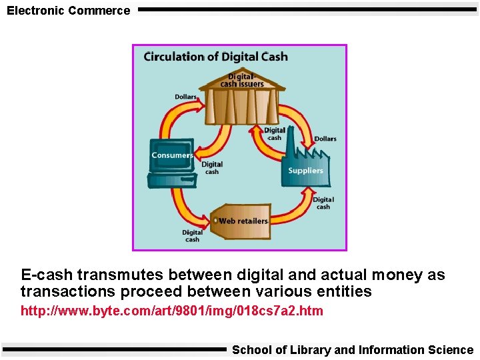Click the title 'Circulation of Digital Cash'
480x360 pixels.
click(x=215, y=57)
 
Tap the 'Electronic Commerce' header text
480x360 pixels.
click(x=68, y=11)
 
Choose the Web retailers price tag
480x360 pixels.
click(x=241, y=221)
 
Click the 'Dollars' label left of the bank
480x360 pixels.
click(x=185, y=97)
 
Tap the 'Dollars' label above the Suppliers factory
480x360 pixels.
click(x=325, y=139)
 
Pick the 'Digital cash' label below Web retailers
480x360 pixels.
click(x=192, y=236)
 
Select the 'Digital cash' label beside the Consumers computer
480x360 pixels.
click(x=212, y=168)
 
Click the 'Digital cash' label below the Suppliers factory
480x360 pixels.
click(x=323, y=203)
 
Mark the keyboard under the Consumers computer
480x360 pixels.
click(x=171, y=180)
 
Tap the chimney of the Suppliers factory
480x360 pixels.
click(x=291, y=136)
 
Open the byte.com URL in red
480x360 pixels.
click(x=171, y=311)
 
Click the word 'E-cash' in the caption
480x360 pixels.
click(x=47, y=275)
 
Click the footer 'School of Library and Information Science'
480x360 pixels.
click(x=352, y=350)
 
